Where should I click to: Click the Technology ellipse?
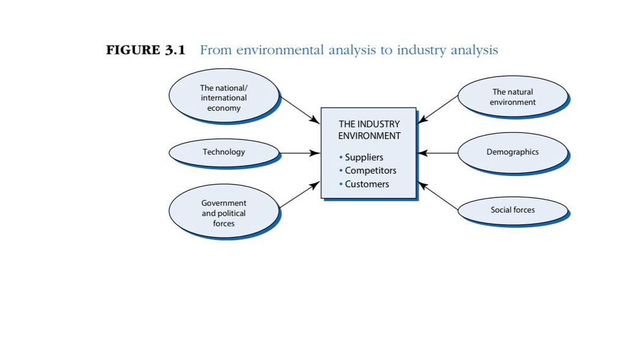pos(224,152)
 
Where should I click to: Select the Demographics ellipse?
pos(513,152)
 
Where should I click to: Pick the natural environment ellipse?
pos(513,97)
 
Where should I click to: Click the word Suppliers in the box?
pos(364,157)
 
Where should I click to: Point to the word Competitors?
pos(370,171)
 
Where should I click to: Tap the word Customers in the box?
pos(367,184)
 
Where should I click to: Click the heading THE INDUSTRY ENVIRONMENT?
pos(369,130)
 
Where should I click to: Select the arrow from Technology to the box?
pos(300,153)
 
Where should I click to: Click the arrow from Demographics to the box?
pos(438,153)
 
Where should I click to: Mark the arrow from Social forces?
pos(438,196)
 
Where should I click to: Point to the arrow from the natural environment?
pos(438,109)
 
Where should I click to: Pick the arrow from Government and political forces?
pos(300,194)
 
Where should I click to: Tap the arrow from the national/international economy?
pos(300,110)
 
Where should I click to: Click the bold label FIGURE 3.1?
pos(145,50)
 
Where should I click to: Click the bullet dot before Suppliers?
pos(341,157)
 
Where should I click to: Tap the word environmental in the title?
pos(280,50)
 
